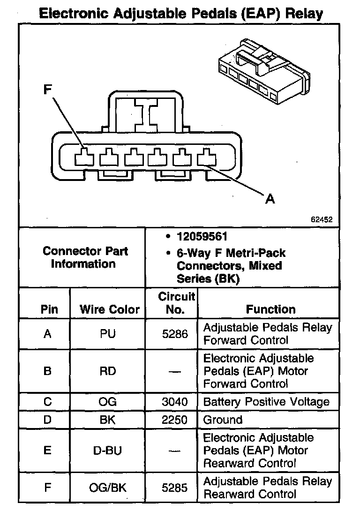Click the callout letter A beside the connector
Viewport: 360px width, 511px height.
[x=270, y=199]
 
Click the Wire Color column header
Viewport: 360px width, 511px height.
[x=109, y=309]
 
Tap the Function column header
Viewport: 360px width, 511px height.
[x=270, y=309]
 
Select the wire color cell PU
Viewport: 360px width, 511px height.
[x=107, y=334]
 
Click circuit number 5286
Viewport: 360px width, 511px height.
[x=174, y=334]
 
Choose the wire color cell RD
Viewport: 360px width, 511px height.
[x=107, y=371]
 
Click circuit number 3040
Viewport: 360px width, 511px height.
[x=174, y=402]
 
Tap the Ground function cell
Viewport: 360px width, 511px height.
[x=223, y=420]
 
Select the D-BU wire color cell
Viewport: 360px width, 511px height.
[x=107, y=451]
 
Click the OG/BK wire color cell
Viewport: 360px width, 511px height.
[x=107, y=488]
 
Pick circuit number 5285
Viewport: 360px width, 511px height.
[x=174, y=488]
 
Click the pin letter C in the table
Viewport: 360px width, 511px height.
[x=47, y=402]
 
